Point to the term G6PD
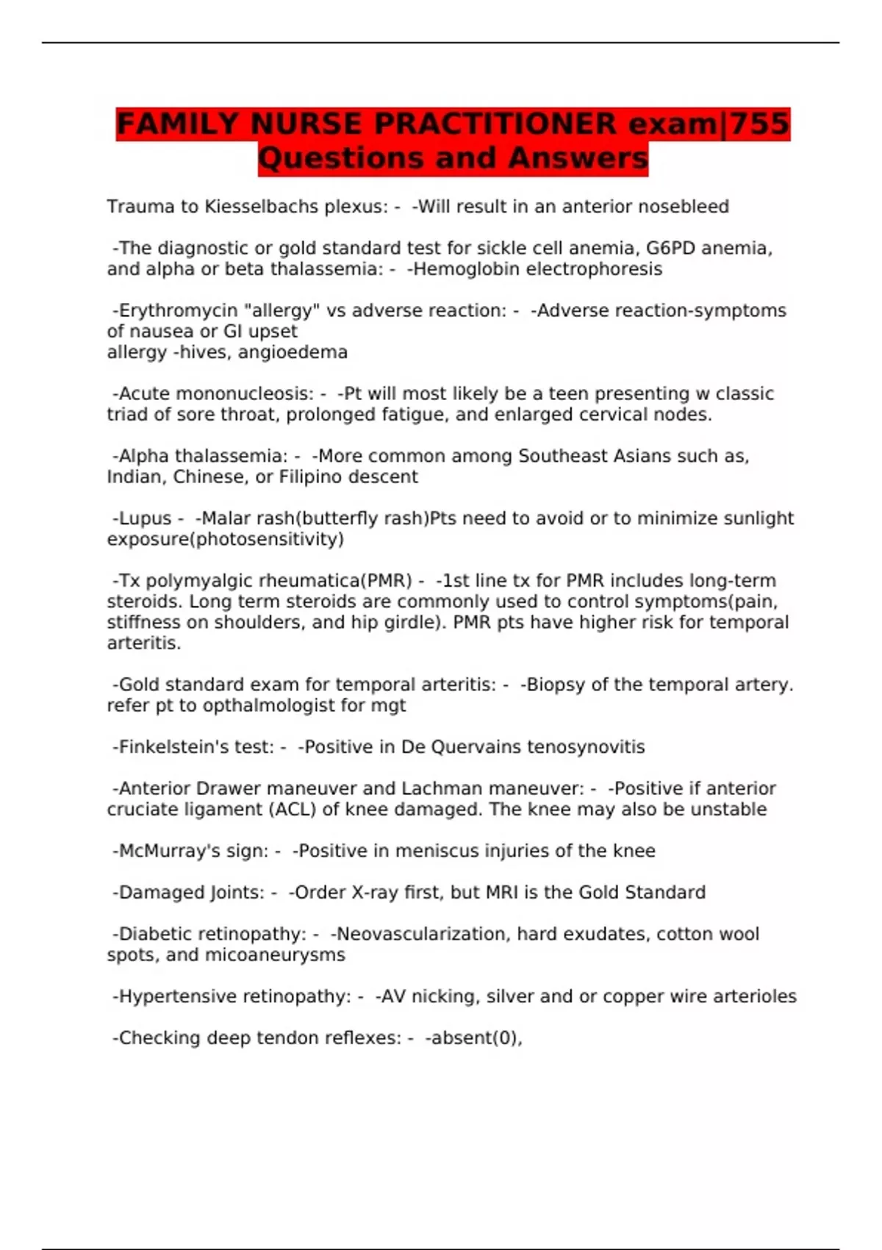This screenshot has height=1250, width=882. (670, 249)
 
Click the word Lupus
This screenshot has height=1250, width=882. (145, 518)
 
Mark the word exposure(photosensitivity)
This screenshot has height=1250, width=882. (225, 539)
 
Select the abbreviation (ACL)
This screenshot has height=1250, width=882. (294, 810)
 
